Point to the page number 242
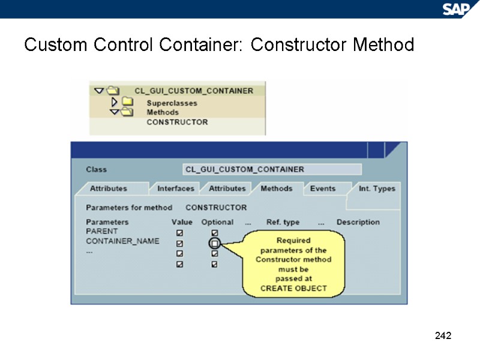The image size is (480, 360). click(443, 335)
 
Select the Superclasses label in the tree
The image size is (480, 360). click(172, 103)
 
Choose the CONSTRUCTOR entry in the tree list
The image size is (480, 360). click(177, 122)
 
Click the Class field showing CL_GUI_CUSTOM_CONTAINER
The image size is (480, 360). click(272, 169)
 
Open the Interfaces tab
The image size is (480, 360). click(176, 188)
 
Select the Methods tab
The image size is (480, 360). click(277, 188)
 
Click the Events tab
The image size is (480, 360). click(323, 188)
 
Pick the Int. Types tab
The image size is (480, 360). click(377, 188)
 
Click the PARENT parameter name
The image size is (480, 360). click(102, 232)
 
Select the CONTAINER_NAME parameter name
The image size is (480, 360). click(122, 241)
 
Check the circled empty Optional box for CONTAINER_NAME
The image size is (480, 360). click(215, 244)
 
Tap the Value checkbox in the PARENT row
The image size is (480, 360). click(179, 233)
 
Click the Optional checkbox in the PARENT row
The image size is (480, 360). click(215, 233)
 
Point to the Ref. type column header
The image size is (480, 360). click(283, 222)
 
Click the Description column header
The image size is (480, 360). click(358, 222)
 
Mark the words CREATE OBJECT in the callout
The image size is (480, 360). click(293, 288)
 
